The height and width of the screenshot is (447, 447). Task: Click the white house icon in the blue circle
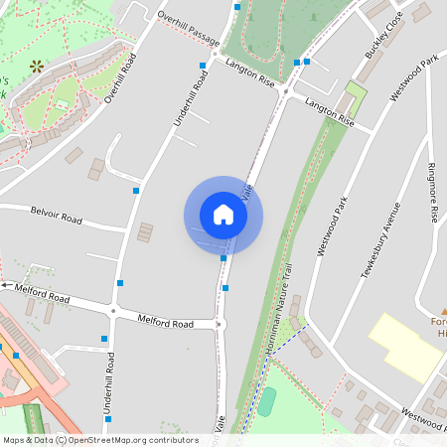click(223, 215)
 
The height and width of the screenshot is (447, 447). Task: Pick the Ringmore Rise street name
click(432, 193)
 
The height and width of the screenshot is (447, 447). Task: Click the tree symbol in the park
click(38, 67)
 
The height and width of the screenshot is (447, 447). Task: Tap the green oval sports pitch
click(266, 401)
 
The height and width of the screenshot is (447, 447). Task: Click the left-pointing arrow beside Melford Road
click(6, 285)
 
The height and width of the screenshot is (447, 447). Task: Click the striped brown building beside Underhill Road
click(146, 232)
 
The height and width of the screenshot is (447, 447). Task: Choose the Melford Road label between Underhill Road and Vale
click(163, 322)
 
